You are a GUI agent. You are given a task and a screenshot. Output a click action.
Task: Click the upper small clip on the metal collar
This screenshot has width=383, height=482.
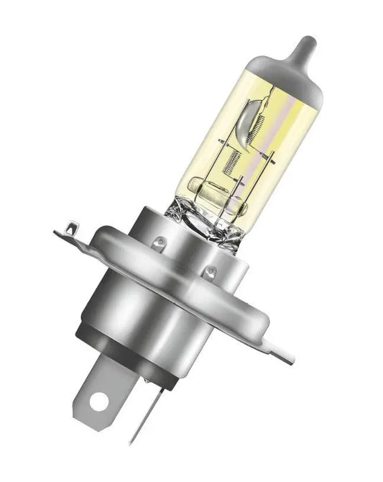[x=162, y=241]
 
